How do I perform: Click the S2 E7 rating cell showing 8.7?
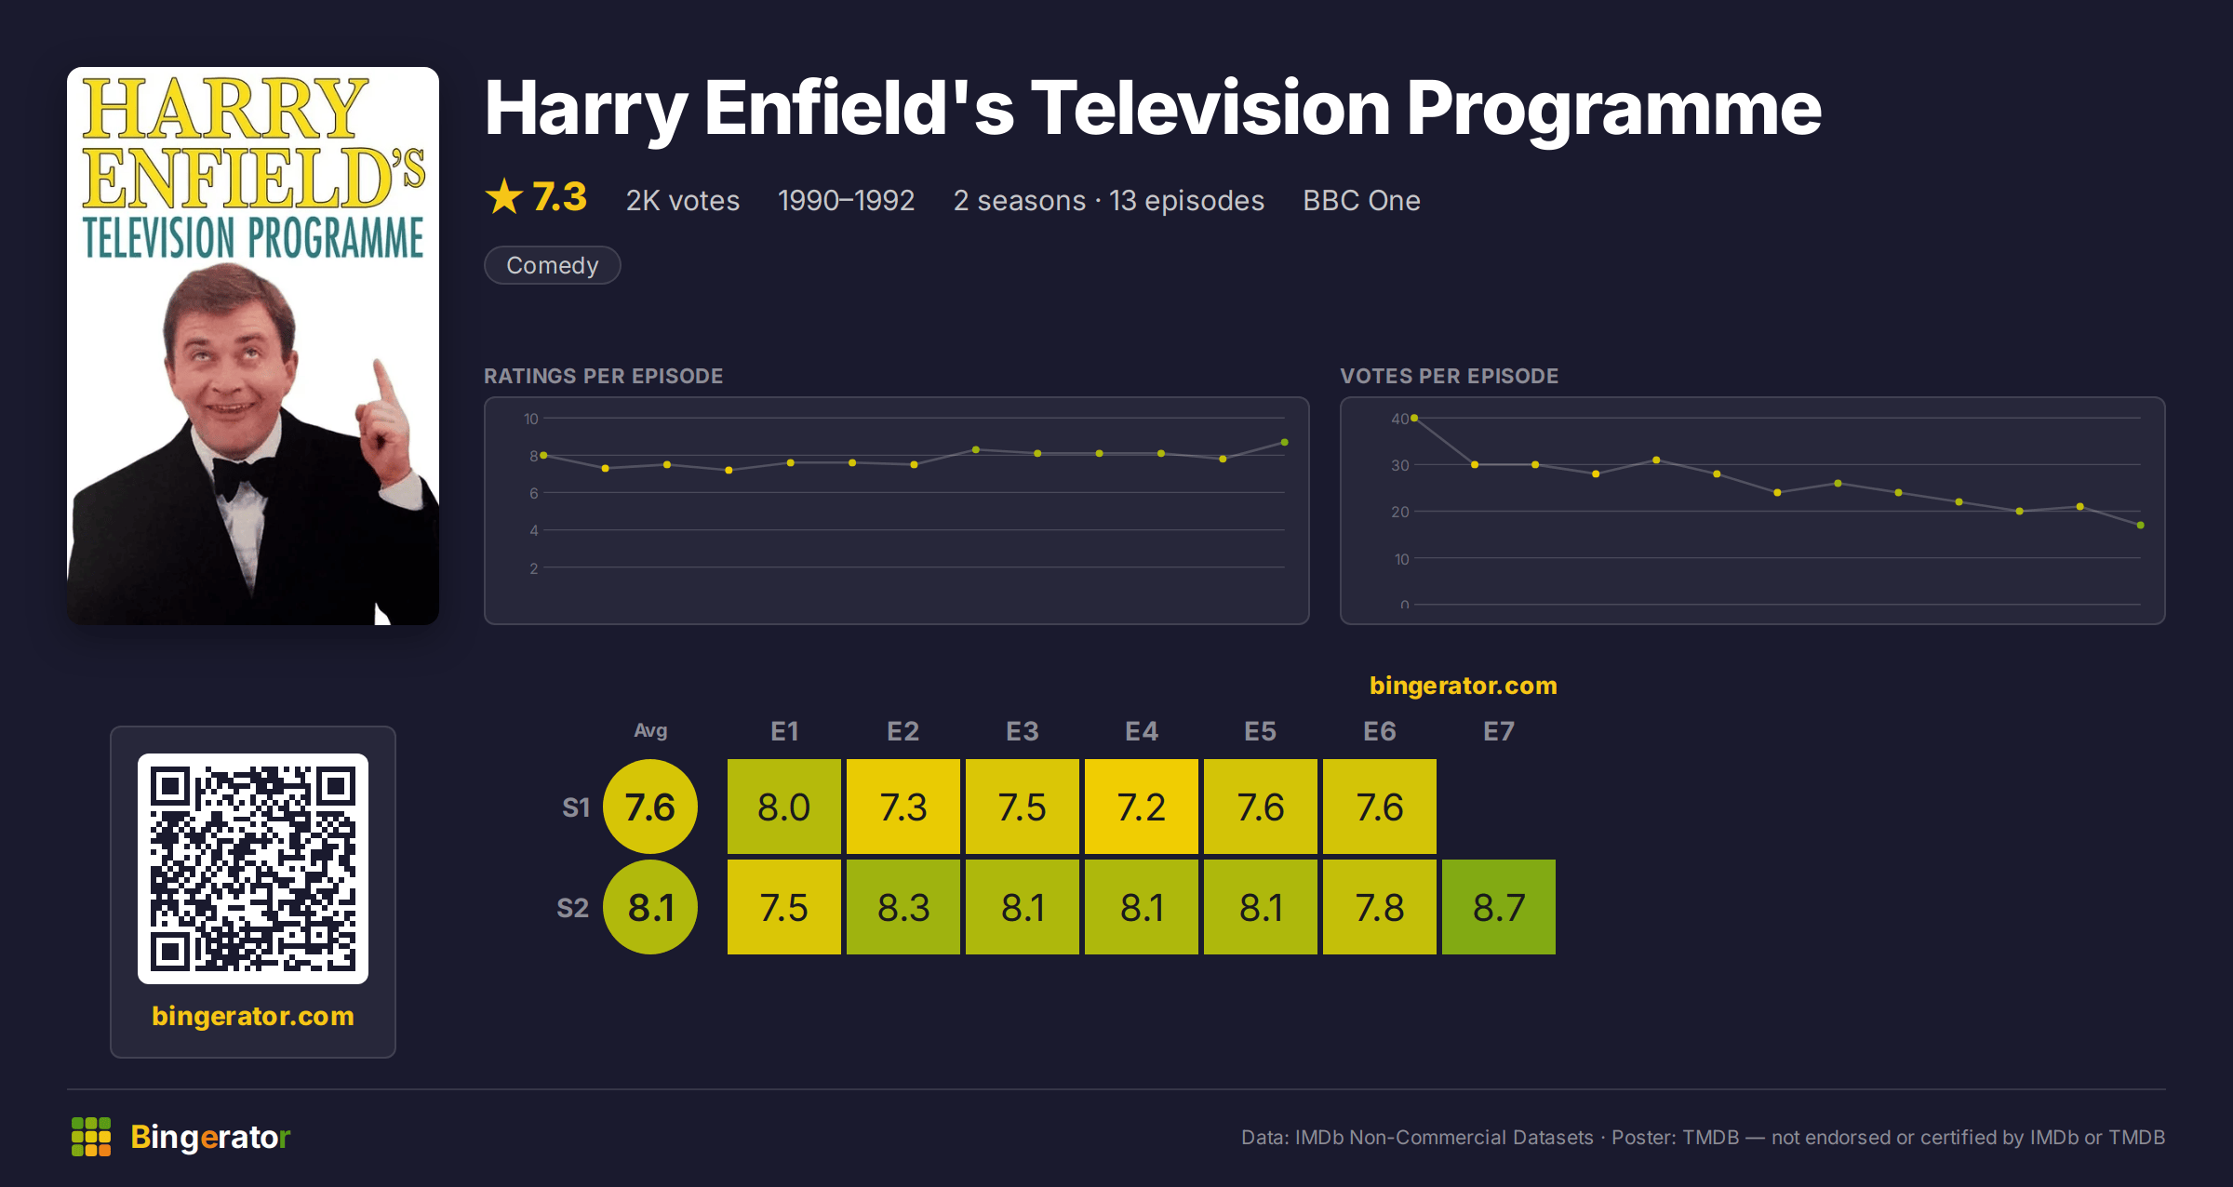pyautogui.click(x=1498, y=907)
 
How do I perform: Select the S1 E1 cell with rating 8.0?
pyautogui.click(x=783, y=807)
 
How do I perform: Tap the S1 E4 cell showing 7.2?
pyautogui.click(x=1141, y=807)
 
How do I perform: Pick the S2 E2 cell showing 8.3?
pyautogui.click(x=903, y=907)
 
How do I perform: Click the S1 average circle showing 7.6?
pyautogui.click(x=650, y=807)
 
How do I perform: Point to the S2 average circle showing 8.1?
pyautogui.click(x=650, y=907)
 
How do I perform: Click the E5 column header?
pyautogui.click(x=1260, y=731)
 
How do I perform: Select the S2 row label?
pyautogui.click(x=573, y=908)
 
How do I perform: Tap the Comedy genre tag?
pyautogui.click(x=552, y=265)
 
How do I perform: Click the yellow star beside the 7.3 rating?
pyautogui.click(x=504, y=196)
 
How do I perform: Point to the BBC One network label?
pyautogui.click(x=1361, y=200)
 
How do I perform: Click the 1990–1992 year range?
pyautogui.click(x=846, y=200)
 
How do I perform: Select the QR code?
pyautogui.click(x=253, y=869)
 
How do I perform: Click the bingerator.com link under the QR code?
pyautogui.click(x=253, y=1016)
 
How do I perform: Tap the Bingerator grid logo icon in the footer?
pyautogui.click(x=91, y=1137)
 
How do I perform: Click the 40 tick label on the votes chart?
pyautogui.click(x=1399, y=419)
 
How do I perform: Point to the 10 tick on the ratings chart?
pyautogui.click(x=531, y=419)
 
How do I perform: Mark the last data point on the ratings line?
pyautogui.click(x=1284, y=443)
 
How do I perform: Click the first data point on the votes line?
pyautogui.click(x=1414, y=419)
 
